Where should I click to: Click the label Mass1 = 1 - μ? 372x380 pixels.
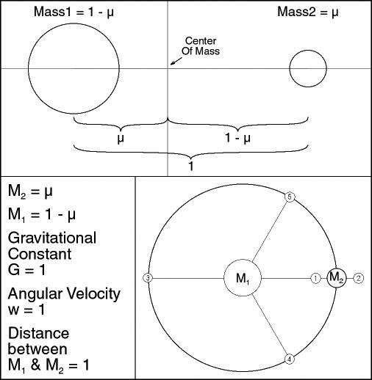(x=74, y=12)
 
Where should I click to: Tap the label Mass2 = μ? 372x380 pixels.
(x=308, y=12)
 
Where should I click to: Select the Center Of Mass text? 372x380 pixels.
(x=201, y=45)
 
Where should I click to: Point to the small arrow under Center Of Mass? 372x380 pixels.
(x=176, y=61)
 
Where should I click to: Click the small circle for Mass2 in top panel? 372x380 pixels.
(x=290, y=68)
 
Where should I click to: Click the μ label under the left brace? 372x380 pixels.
(x=121, y=139)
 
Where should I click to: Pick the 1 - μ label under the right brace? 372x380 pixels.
(x=237, y=138)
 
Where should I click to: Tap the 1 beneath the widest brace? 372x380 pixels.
(x=191, y=166)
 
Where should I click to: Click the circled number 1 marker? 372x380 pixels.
(x=315, y=278)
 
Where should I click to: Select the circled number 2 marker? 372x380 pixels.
(x=359, y=278)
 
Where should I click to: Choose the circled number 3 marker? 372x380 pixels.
(x=148, y=278)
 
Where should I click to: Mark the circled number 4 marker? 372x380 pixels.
(x=290, y=359)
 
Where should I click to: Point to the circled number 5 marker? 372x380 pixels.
(x=290, y=197)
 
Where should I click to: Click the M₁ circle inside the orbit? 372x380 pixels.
(x=224, y=278)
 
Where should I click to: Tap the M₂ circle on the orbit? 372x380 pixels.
(x=328, y=278)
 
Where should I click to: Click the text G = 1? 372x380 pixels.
(x=26, y=270)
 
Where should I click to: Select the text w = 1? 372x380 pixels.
(x=26, y=310)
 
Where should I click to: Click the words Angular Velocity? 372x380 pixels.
(x=64, y=294)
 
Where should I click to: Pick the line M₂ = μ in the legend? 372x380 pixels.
(x=30, y=191)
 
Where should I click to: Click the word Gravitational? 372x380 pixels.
(x=52, y=238)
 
